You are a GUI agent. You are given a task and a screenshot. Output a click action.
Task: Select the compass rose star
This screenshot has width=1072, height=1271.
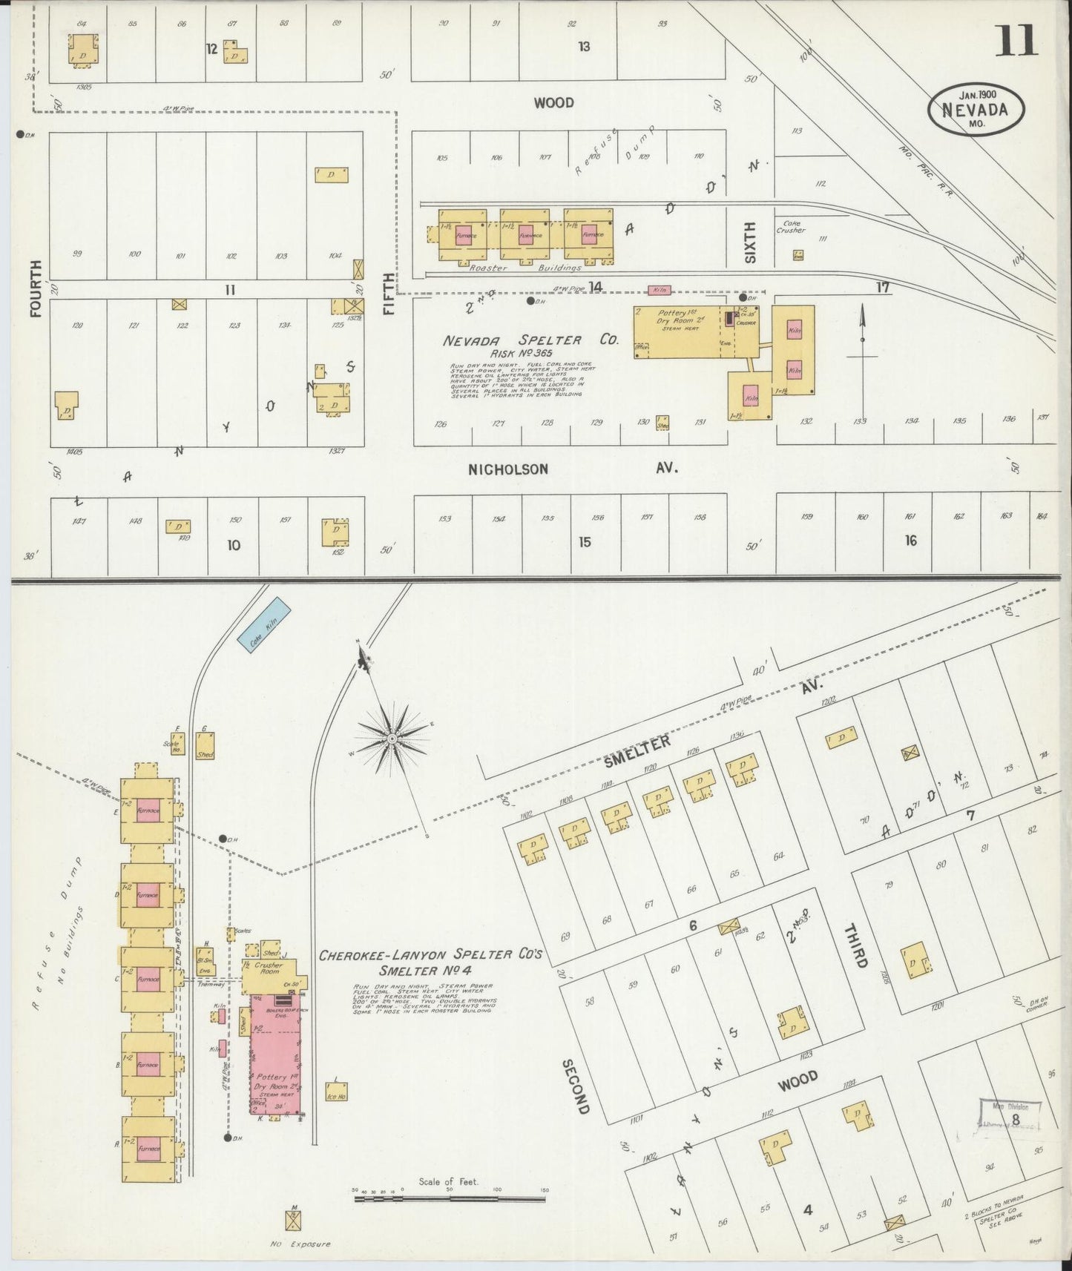pyautogui.click(x=392, y=739)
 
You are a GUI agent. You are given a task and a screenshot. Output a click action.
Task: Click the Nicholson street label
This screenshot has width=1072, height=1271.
pyautogui.click(x=508, y=469)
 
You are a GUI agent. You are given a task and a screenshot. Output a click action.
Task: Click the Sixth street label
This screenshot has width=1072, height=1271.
pyautogui.click(x=750, y=242)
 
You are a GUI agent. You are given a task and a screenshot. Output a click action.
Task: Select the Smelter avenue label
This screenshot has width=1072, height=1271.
pyautogui.click(x=637, y=750)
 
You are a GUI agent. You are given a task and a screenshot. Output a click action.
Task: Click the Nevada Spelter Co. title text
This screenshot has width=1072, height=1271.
pyautogui.click(x=530, y=340)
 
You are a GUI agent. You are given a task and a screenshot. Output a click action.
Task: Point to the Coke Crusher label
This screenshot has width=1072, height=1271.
pyautogui.click(x=790, y=226)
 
